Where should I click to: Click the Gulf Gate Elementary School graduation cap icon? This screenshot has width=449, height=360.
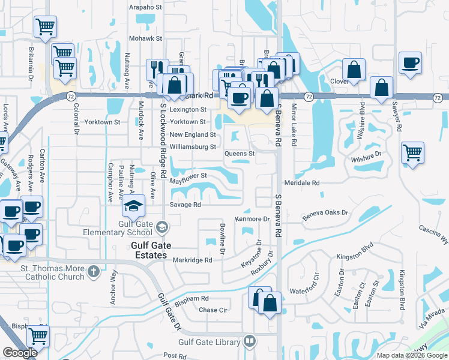pyautogui.click(x=133, y=207)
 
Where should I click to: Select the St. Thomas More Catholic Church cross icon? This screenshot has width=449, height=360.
pyautogui.click(x=93, y=272)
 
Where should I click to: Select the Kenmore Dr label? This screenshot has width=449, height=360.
pyautogui.click(x=252, y=219)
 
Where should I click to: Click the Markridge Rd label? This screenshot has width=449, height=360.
pyautogui.click(x=193, y=260)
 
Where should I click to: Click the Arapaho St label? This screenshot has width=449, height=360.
pyautogui.click(x=146, y=8)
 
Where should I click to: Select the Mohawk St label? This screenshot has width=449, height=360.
pyautogui.click(x=146, y=38)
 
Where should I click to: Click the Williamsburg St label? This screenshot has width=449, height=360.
pyautogui.click(x=193, y=147)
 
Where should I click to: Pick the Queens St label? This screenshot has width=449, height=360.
pyautogui.click(x=240, y=154)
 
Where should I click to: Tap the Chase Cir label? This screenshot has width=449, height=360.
pyautogui.click(x=213, y=310)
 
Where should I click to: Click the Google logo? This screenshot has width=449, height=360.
pyautogui.click(x=20, y=353)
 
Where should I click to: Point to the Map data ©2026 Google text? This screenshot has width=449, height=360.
pyautogui.click(x=412, y=355)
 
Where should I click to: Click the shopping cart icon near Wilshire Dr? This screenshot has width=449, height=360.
pyautogui.click(x=412, y=152)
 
